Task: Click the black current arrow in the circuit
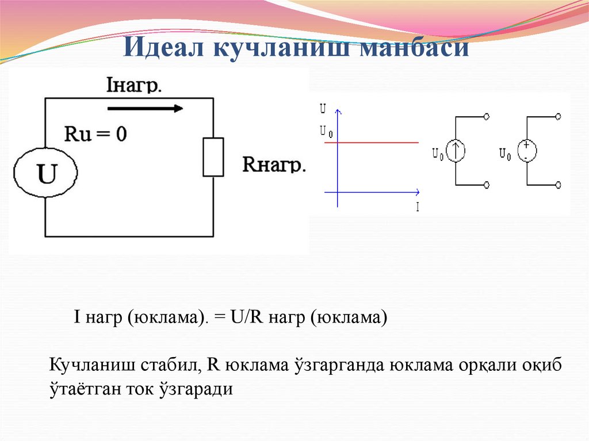tap(146, 108)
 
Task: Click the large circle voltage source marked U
tap(46, 174)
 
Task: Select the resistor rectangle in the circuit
tap(213, 157)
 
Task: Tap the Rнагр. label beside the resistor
tap(274, 164)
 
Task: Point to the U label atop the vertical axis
tap(323, 108)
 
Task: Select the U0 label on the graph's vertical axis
tap(325, 132)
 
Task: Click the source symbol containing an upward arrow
tap(456, 151)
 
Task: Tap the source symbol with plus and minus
tap(526, 151)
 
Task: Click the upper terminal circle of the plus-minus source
tap(558, 117)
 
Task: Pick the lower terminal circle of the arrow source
tap(487, 185)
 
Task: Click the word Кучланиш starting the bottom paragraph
tap(93, 366)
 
